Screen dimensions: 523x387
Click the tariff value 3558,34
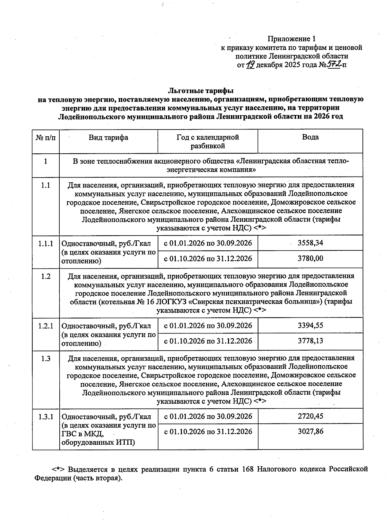tap(310, 243)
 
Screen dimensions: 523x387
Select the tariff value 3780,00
tap(310, 258)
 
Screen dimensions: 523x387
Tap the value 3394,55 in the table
tap(310, 325)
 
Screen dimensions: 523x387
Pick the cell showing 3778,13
tap(310, 341)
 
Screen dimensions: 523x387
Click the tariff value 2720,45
tap(310, 416)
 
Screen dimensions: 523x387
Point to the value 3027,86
tap(310, 431)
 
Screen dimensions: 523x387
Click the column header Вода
tap(310, 137)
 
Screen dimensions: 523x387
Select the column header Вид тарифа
tap(108, 138)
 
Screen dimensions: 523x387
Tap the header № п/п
tap(45, 138)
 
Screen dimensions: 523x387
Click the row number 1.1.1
tap(45, 244)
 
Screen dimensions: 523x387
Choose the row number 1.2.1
tap(45, 326)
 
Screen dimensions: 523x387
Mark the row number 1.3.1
tap(45, 417)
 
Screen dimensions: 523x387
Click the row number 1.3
tap(45, 358)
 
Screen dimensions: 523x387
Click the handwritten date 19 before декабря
tap(250, 65)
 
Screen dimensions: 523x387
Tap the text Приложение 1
tap(291, 39)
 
